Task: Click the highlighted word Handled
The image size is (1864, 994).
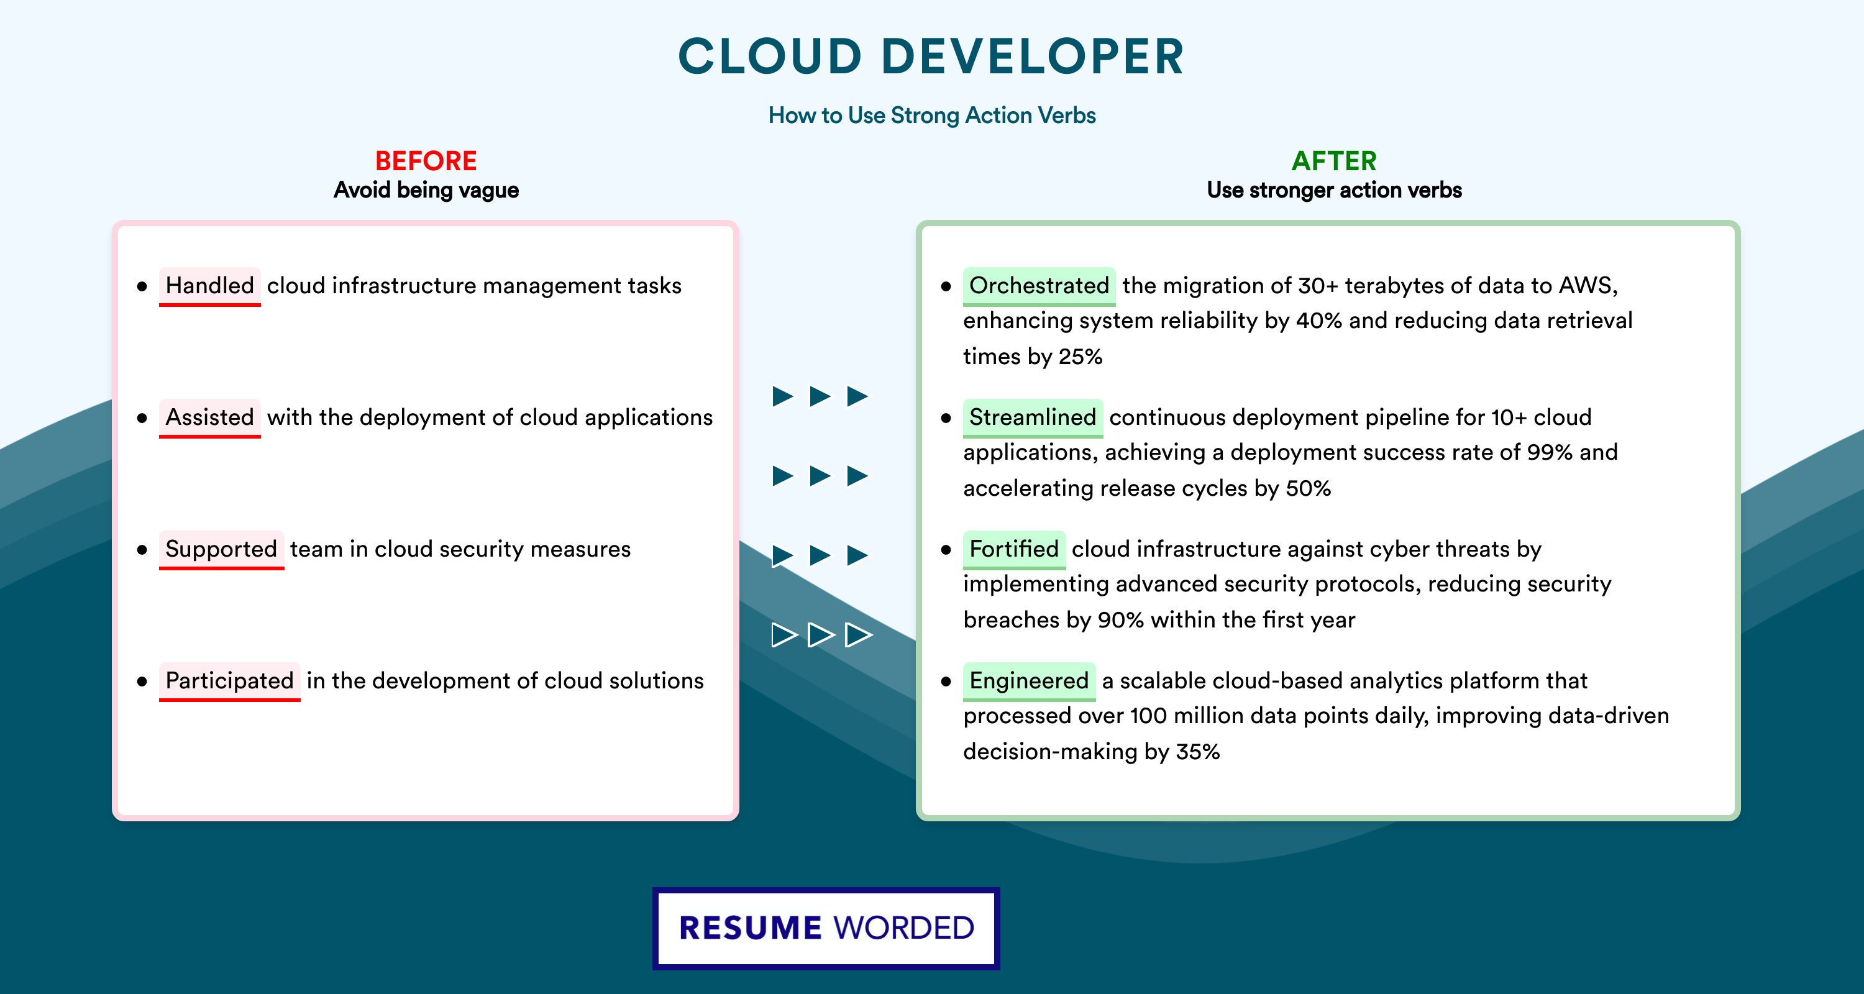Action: [x=210, y=286]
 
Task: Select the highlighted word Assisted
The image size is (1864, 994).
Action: [x=210, y=417]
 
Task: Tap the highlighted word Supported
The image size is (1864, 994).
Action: [x=221, y=550]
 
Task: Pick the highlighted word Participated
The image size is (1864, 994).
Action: [x=229, y=682]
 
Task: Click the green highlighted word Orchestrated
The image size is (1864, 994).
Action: [x=1039, y=286]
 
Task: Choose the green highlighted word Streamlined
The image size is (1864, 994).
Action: [x=1033, y=417]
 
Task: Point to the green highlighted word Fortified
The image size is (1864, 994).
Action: [x=1014, y=549]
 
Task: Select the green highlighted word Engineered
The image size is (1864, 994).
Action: [x=1029, y=682]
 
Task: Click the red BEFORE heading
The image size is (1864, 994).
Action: [x=426, y=161]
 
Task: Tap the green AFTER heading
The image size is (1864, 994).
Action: [x=1335, y=161]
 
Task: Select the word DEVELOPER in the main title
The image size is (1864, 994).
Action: [x=1033, y=57]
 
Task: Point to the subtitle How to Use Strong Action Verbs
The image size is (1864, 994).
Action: [x=932, y=115]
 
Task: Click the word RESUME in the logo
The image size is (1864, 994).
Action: [x=751, y=928]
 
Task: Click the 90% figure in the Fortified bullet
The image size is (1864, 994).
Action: [x=1121, y=620]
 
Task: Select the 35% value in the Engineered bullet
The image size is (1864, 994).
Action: [x=1197, y=752]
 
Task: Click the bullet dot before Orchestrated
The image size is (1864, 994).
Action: [x=946, y=286]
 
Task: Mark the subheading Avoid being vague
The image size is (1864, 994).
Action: [x=426, y=190]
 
